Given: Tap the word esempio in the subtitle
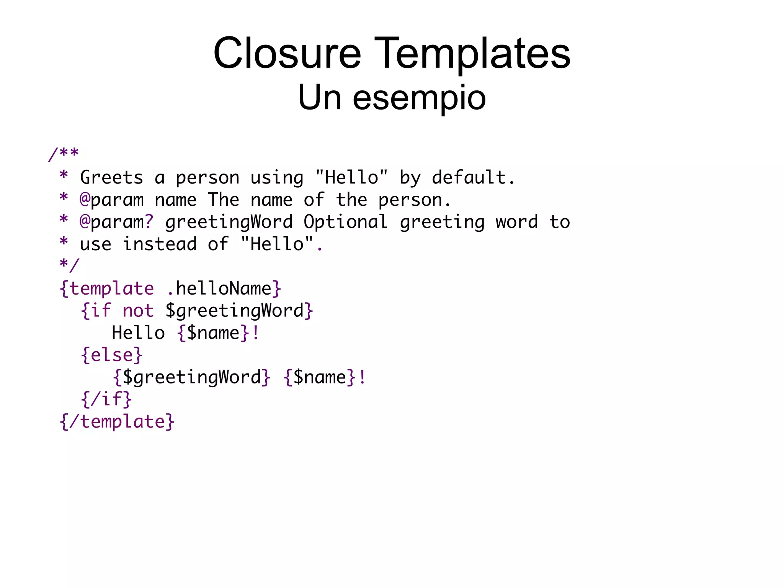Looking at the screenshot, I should tap(419, 98).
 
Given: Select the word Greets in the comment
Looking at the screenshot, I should tap(111, 178).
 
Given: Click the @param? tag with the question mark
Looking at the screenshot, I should tap(116, 222).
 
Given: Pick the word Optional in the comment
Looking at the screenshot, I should tap(345, 222).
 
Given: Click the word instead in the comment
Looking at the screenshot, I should tap(160, 244).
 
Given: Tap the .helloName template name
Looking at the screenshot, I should tap(219, 288).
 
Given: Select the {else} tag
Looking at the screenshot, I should tap(111, 355).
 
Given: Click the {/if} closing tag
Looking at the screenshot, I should tap(106, 400).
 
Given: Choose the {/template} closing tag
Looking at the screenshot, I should tap(117, 422).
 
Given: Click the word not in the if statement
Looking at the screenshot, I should tap(138, 311).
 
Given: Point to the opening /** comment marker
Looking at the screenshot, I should tap(64, 154).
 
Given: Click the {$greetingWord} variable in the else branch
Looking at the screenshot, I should tap(192, 377).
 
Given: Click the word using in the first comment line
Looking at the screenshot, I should tap(276, 178).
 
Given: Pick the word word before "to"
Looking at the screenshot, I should tap(517, 222).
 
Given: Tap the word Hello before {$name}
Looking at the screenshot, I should tap(138, 333).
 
